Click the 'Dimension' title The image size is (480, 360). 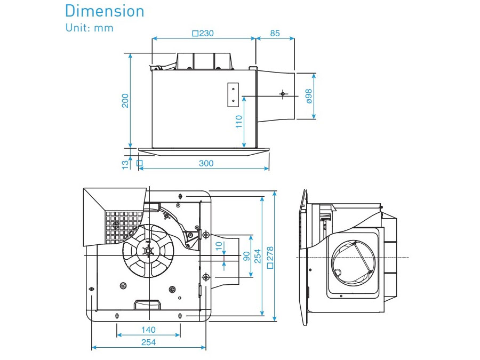click(105, 11)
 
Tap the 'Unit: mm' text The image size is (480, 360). click(90, 28)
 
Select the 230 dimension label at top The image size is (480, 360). click(203, 33)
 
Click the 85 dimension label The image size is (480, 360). click(275, 33)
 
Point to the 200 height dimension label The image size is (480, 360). click(125, 101)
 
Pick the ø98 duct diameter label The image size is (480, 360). click(309, 96)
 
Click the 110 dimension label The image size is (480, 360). click(239, 122)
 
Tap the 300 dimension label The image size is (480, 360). click(206, 163)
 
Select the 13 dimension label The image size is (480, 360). click(125, 164)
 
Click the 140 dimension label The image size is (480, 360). click(148, 330)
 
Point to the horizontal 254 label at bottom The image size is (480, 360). click(148, 342)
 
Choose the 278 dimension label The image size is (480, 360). click(270, 258)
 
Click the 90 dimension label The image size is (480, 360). click(246, 256)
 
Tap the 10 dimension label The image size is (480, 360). click(219, 246)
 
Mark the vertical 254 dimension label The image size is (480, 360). click(258, 256)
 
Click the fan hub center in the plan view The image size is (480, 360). click(148, 251)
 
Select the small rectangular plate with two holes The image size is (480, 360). click(233, 95)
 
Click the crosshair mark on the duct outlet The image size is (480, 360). click(283, 93)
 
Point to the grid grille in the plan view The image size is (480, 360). click(122, 227)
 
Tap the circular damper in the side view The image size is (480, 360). click(354, 262)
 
